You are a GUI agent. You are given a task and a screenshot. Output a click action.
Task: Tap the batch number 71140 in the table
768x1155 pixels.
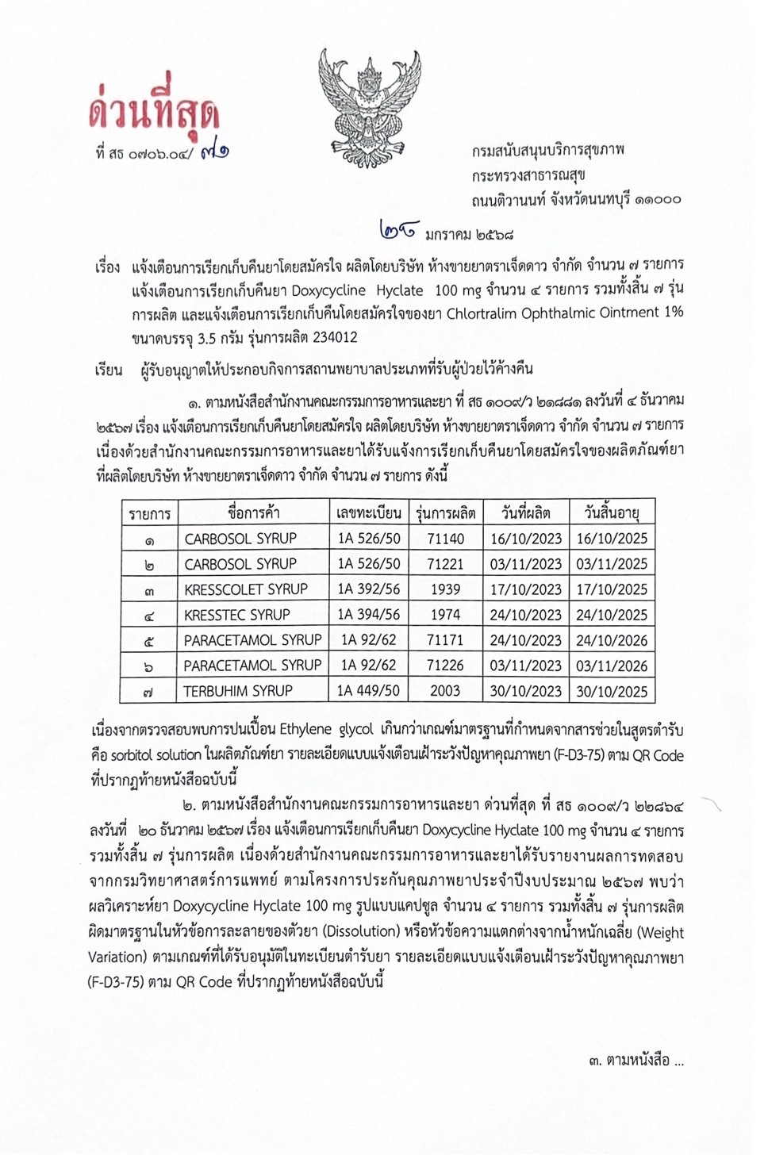click(x=445, y=539)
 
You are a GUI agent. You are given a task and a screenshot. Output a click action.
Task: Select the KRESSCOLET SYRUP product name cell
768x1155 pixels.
click(x=246, y=589)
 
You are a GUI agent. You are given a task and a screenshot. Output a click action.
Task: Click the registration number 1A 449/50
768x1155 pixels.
click(x=369, y=691)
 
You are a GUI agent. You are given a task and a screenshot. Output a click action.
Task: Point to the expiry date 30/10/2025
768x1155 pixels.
click(x=612, y=691)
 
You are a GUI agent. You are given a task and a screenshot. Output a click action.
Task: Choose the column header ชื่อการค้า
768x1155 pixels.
click(x=253, y=512)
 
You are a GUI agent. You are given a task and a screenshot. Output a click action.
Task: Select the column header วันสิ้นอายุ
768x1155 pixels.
click(x=612, y=512)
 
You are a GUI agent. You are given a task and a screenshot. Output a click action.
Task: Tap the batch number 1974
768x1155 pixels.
click(x=445, y=615)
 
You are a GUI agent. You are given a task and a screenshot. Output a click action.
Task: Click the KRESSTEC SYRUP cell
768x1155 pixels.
click(x=237, y=615)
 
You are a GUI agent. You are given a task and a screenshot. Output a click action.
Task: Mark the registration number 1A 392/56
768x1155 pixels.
click(x=369, y=589)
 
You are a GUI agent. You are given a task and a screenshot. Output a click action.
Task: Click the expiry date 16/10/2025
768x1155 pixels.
click(x=612, y=539)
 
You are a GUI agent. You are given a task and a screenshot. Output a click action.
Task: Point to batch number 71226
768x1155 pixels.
click(x=445, y=666)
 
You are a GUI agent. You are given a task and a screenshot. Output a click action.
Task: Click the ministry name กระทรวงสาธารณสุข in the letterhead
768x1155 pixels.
click(x=528, y=175)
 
